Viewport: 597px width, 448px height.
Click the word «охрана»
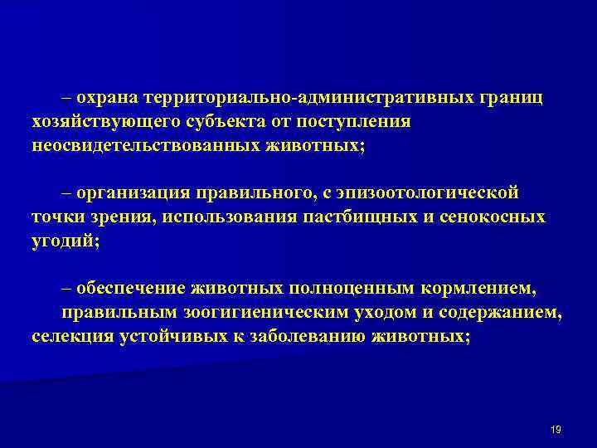pyautogui.click(x=107, y=99)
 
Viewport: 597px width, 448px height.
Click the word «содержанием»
pyautogui.click(x=505, y=314)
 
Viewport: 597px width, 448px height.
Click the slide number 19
pyautogui.click(x=556, y=429)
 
